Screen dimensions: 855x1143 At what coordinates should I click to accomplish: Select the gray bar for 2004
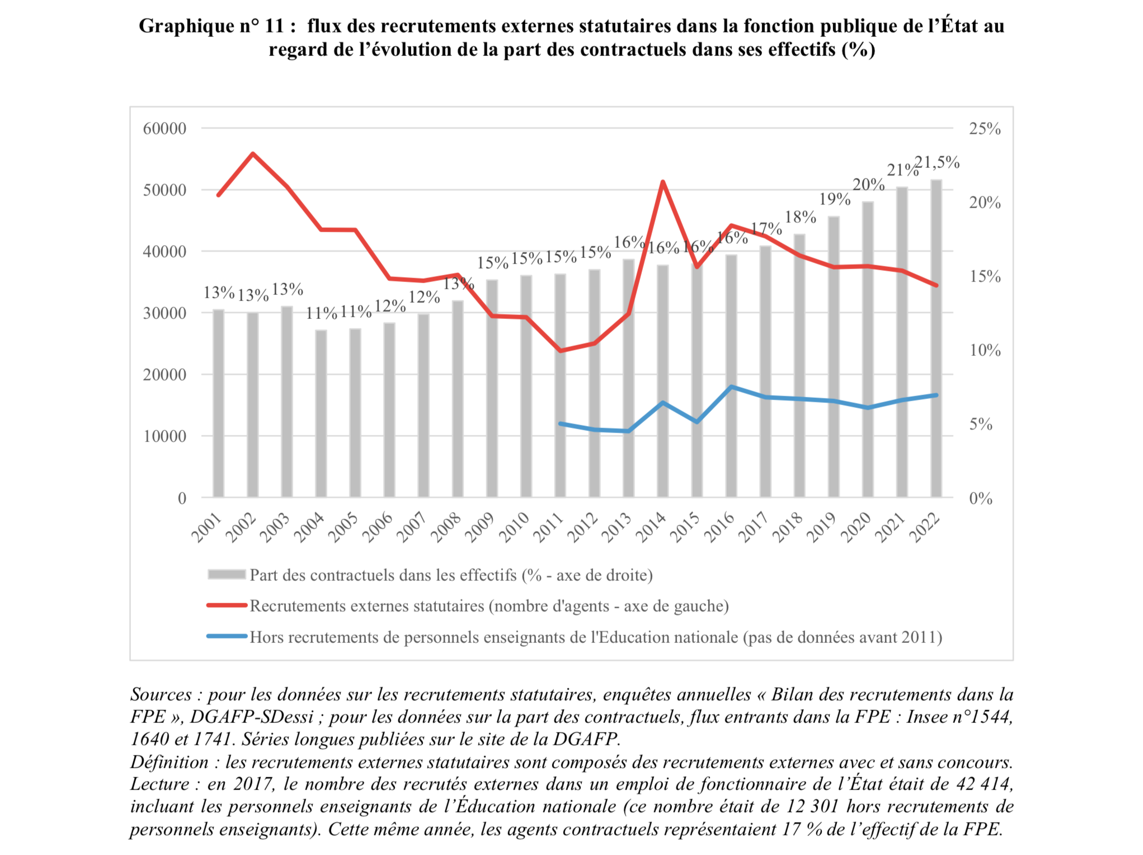[321, 414]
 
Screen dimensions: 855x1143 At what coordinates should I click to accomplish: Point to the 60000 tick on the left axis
[164, 129]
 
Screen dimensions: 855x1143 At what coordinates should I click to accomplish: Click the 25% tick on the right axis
[985, 129]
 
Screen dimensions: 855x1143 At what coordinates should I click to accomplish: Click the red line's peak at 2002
[253, 153]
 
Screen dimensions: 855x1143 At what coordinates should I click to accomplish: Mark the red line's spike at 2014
[663, 182]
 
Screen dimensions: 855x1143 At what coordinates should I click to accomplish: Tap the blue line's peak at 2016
[731, 387]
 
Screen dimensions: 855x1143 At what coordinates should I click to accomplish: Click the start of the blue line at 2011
[561, 424]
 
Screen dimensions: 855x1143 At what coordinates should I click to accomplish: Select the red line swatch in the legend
[227, 605]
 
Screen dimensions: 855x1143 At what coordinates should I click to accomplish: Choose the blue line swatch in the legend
[227, 637]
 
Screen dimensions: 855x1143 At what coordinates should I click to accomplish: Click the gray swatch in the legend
[227, 575]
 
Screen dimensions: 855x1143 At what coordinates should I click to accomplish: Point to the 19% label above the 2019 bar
[835, 199]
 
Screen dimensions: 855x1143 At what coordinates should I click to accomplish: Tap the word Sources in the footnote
[161, 694]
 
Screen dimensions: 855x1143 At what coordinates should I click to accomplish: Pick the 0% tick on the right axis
[981, 498]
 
